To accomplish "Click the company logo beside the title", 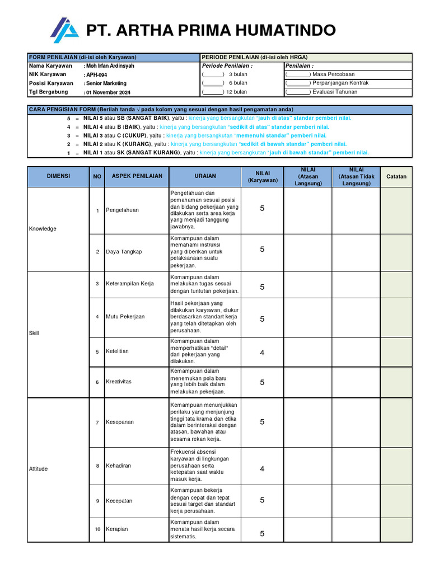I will [64, 30].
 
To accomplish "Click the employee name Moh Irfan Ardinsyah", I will [110, 66].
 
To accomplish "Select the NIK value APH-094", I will [96, 74].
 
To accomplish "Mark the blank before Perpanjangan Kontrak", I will [298, 83].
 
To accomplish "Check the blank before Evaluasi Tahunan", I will [298, 92].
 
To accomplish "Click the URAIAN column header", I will [205, 176].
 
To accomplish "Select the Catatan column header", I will [396, 176].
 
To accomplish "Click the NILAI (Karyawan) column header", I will [262, 176].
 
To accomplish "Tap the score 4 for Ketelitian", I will [262, 353].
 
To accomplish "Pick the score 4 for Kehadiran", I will [262, 469].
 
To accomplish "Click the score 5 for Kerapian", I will [262, 533].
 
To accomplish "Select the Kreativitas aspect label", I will [119, 382].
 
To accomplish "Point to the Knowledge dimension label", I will [43, 229].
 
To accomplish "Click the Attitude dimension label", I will [39, 469].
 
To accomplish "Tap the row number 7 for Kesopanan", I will [97, 422].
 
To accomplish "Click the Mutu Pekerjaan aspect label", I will [125, 317].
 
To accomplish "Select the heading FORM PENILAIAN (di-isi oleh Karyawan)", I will [83, 57].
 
